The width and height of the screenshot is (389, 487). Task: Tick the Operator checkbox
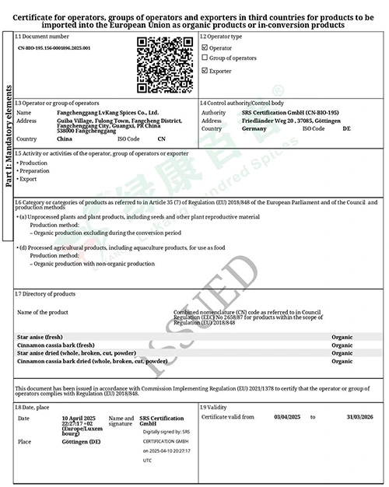[x=205, y=47]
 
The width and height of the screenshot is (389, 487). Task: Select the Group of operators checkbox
[x=205, y=58]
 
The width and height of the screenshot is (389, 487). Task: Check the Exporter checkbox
[x=205, y=71]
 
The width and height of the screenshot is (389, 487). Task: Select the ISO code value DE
[x=347, y=128]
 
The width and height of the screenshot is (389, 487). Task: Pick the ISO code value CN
[x=162, y=138]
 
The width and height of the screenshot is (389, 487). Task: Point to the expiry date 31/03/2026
[x=359, y=417]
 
